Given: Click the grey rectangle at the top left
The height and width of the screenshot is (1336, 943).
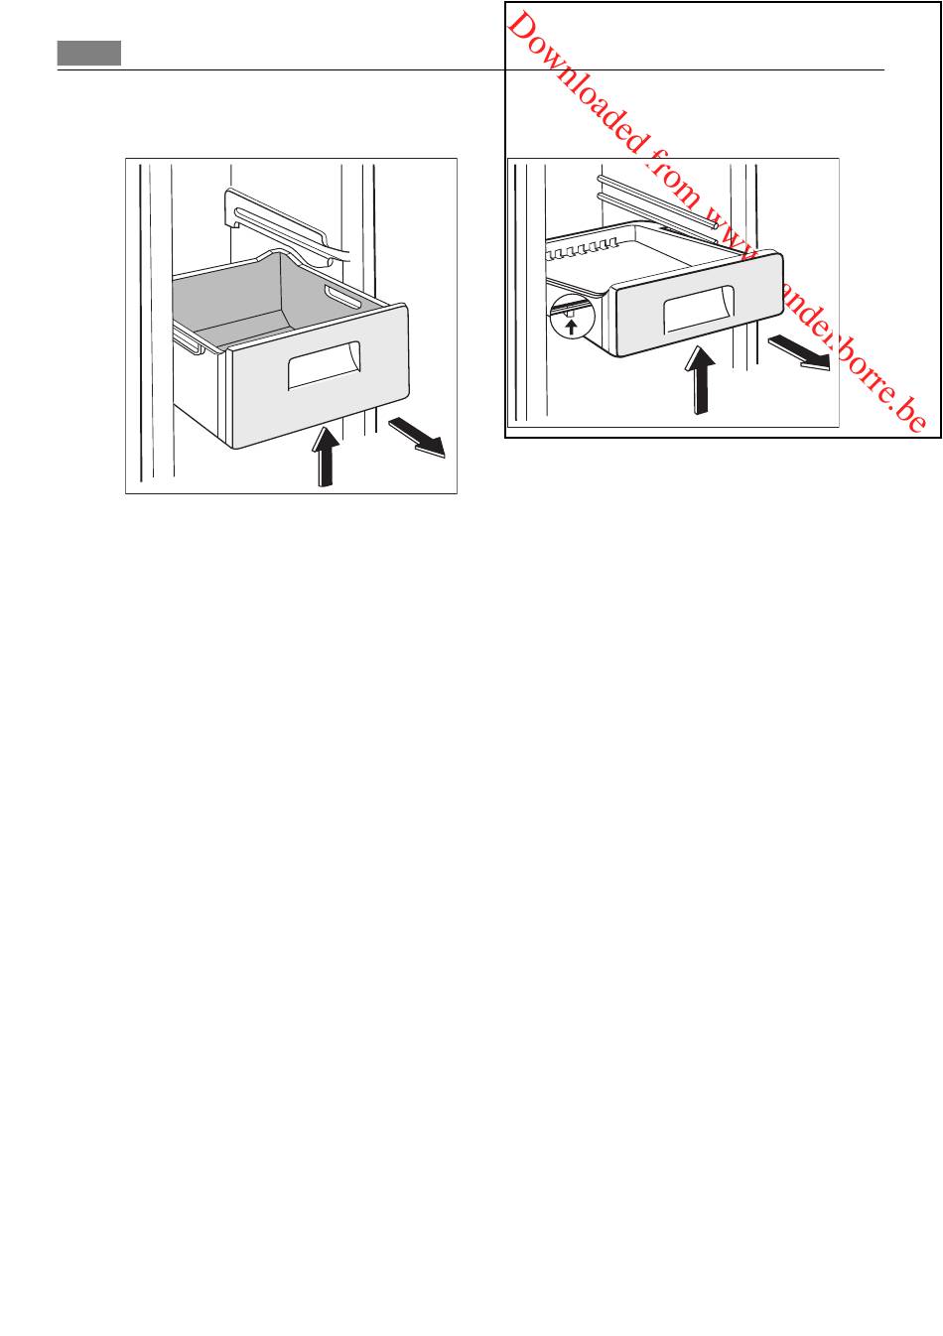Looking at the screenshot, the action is click(89, 53).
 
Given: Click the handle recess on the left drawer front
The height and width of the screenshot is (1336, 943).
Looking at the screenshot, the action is click(325, 365).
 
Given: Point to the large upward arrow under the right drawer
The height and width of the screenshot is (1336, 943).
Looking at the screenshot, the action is click(700, 380).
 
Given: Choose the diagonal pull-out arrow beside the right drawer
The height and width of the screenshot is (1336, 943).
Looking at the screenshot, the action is click(799, 352).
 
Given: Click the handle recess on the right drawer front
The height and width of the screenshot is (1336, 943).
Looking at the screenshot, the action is click(699, 310).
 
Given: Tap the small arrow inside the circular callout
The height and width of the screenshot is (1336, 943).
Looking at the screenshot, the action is click(572, 327).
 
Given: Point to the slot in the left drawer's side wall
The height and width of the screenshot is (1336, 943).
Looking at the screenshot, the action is click(343, 298).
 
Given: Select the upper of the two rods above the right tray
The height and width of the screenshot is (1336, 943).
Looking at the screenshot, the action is click(657, 202).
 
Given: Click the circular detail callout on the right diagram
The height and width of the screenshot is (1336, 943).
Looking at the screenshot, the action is click(572, 316).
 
